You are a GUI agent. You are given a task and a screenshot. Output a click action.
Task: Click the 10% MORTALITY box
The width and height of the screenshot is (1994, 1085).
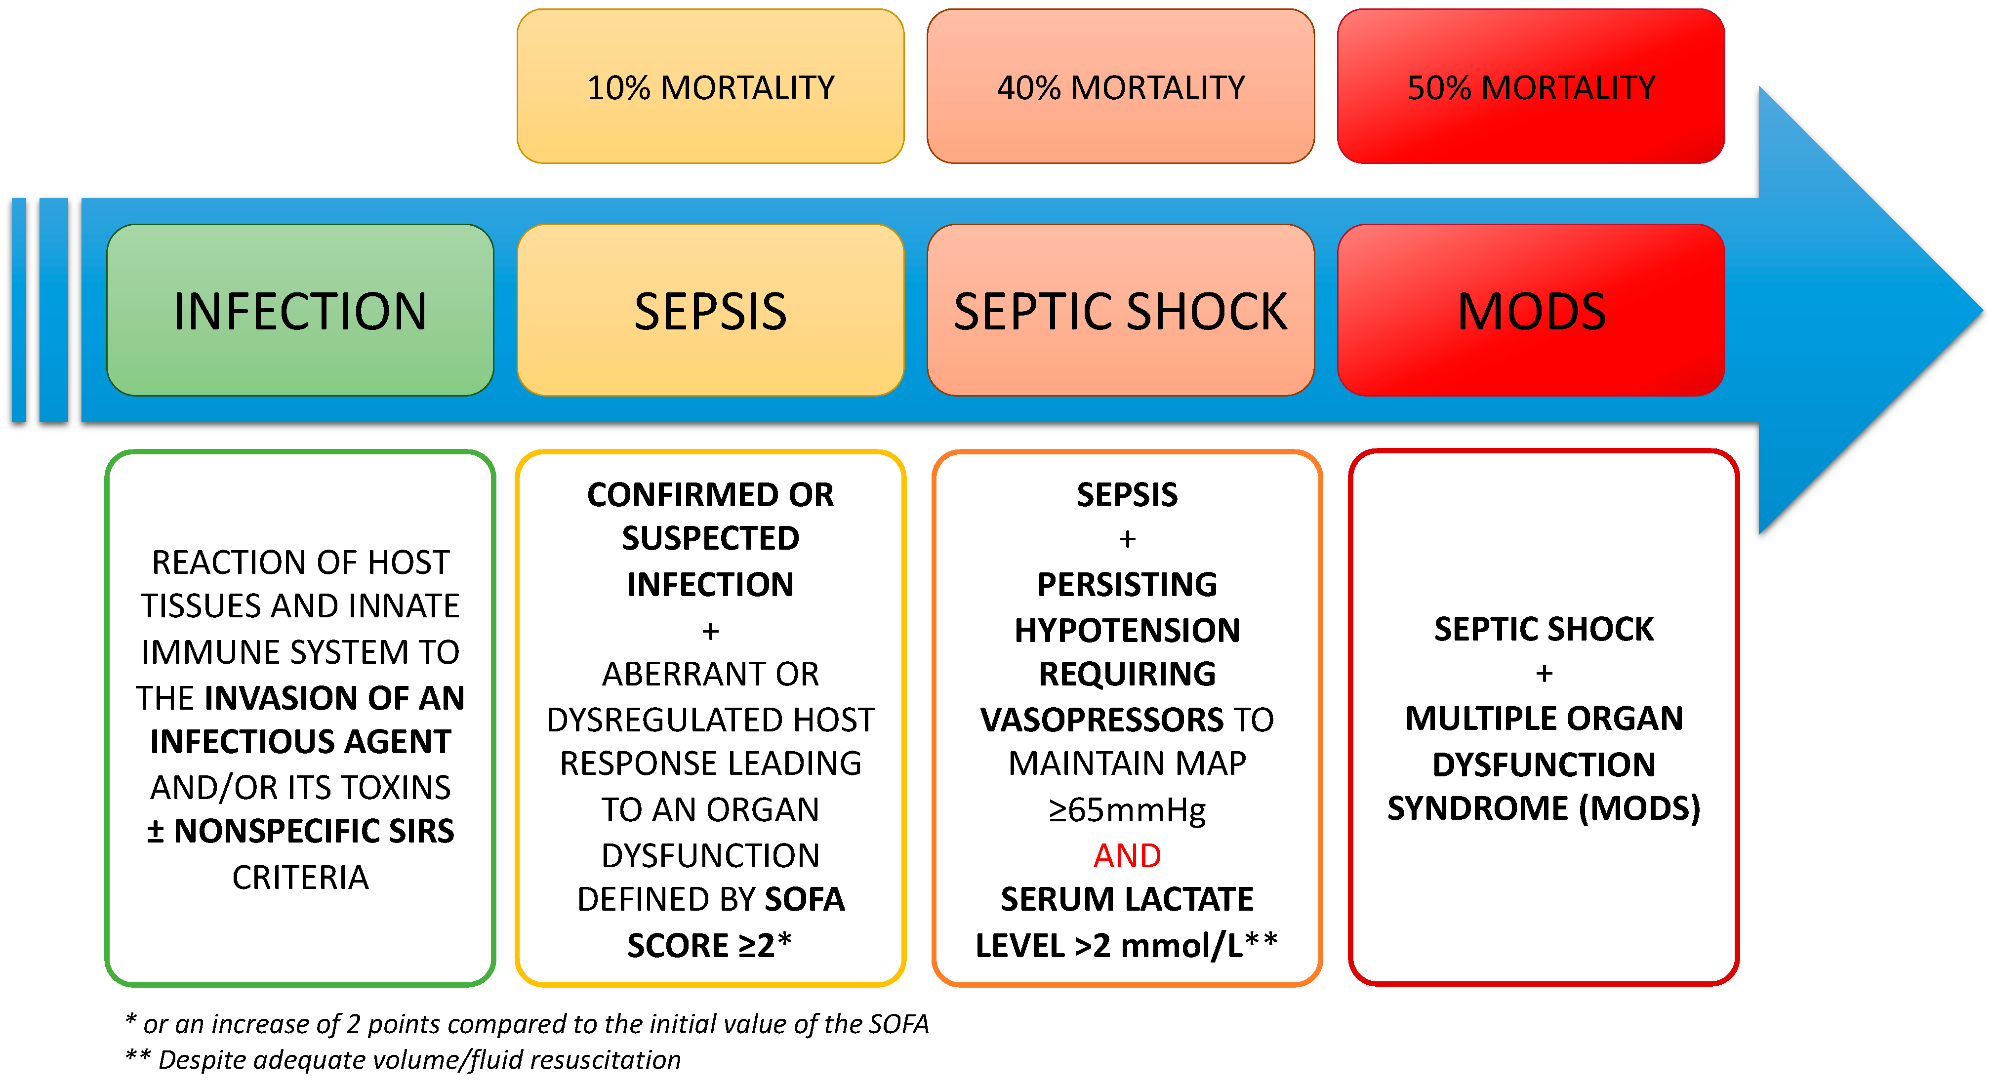point(710,87)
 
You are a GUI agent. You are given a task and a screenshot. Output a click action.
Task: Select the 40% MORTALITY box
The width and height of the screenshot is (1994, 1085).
point(1120,87)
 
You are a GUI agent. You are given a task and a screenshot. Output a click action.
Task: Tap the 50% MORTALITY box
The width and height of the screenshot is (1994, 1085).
point(1530,87)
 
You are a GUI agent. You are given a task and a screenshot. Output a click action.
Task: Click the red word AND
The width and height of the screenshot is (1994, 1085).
point(1127,855)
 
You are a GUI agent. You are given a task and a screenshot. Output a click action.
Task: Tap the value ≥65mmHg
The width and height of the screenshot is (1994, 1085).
point(1127,809)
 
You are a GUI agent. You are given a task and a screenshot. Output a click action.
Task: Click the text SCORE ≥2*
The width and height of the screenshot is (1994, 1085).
point(710,945)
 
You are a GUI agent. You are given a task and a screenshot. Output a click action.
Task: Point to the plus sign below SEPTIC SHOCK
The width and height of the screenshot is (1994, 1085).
point(1544,673)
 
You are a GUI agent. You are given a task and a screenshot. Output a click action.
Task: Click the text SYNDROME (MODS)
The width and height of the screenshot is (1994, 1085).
point(1544,808)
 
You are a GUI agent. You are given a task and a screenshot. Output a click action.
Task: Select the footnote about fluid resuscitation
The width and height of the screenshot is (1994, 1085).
point(403,1059)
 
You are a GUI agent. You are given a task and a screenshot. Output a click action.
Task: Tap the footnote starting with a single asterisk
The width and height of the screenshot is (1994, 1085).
point(527,1024)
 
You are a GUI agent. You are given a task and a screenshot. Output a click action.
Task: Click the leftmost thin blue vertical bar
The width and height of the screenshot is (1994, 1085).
point(19,310)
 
